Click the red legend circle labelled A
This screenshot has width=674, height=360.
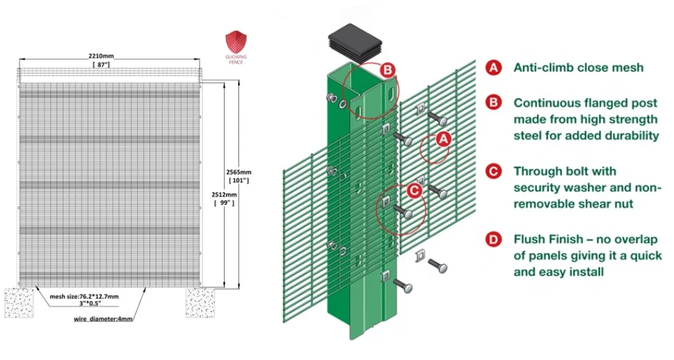[493, 67]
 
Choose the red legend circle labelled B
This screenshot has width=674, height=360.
[493, 103]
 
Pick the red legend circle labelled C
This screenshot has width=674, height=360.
[493, 172]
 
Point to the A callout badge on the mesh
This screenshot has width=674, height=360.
[443, 138]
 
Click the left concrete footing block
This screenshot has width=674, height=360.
[19, 303]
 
